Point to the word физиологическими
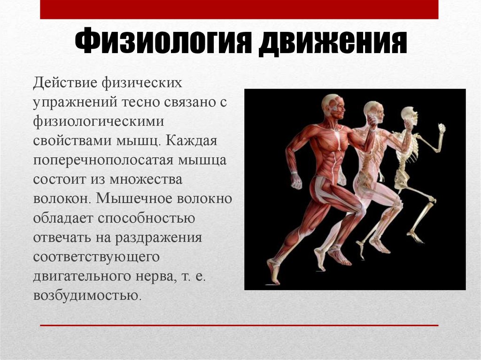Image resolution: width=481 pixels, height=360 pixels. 99,122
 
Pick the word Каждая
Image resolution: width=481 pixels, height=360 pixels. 192,141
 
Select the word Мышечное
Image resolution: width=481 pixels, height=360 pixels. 134,199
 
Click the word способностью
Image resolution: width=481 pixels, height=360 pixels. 147,218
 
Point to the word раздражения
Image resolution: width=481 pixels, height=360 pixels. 158,238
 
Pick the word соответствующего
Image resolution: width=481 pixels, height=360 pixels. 96,257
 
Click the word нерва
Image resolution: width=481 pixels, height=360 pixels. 156,276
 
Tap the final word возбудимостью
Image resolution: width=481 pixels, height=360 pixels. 87,296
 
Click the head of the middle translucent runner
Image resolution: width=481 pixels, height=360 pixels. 374,112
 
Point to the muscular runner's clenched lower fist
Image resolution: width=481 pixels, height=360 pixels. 296,181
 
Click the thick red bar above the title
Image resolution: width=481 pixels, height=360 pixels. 239,9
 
